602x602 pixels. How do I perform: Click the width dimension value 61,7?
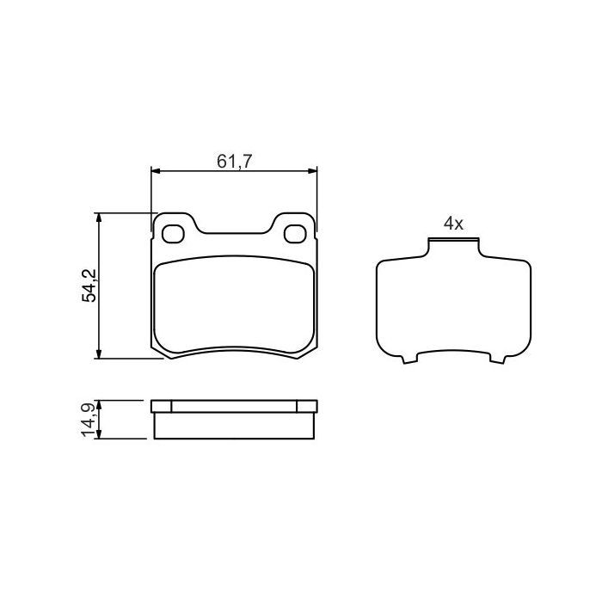[233, 160]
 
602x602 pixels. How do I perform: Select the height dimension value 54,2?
[89, 286]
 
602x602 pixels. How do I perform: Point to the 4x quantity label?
[453, 224]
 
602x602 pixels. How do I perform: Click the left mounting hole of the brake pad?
[174, 232]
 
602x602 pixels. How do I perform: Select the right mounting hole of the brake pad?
[295, 232]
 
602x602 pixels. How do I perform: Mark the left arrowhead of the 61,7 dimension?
[156, 171]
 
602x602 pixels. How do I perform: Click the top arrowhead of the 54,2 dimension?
[101, 218]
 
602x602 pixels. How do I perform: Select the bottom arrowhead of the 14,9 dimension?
[101, 436]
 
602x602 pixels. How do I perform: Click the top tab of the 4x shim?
[453, 245]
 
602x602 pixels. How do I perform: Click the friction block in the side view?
[234, 426]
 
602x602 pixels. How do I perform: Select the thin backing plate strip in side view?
[234, 406]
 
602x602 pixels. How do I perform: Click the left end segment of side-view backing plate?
[161, 406]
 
